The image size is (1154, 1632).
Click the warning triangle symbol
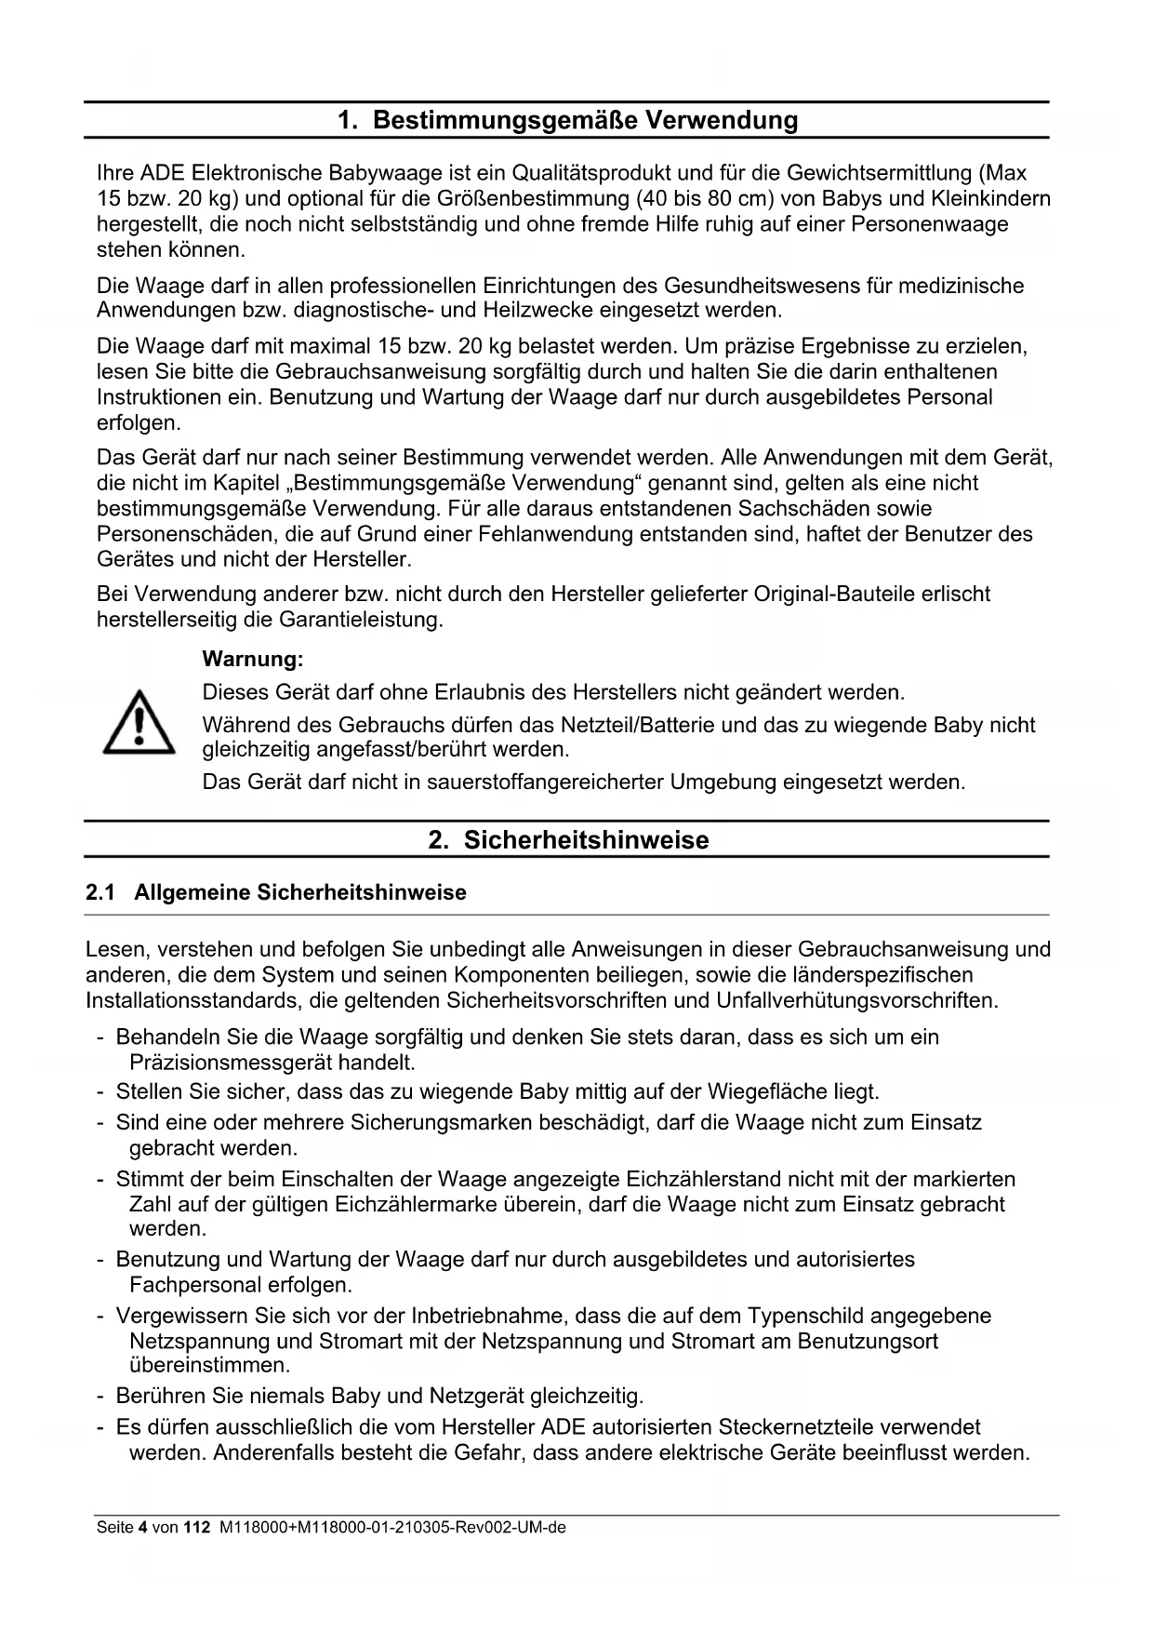(x=139, y=722)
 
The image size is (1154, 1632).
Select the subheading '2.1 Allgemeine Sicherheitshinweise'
(x=276, y=893)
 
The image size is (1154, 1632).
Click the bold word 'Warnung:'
(x=253, y=660)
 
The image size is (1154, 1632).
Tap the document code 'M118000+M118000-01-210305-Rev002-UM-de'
(x=391, y=1528)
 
